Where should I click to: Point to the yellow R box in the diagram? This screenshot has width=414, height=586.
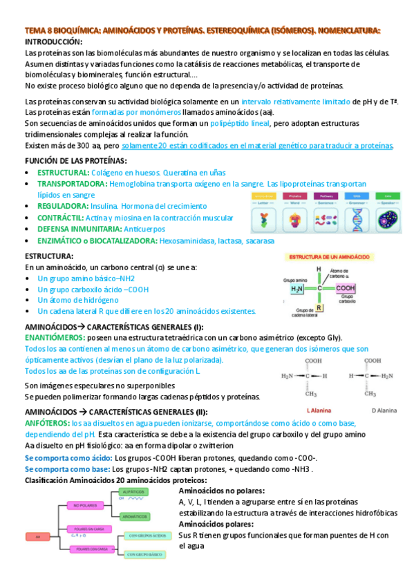coord(319,308)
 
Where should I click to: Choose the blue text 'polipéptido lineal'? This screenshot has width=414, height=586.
coord(240,122)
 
